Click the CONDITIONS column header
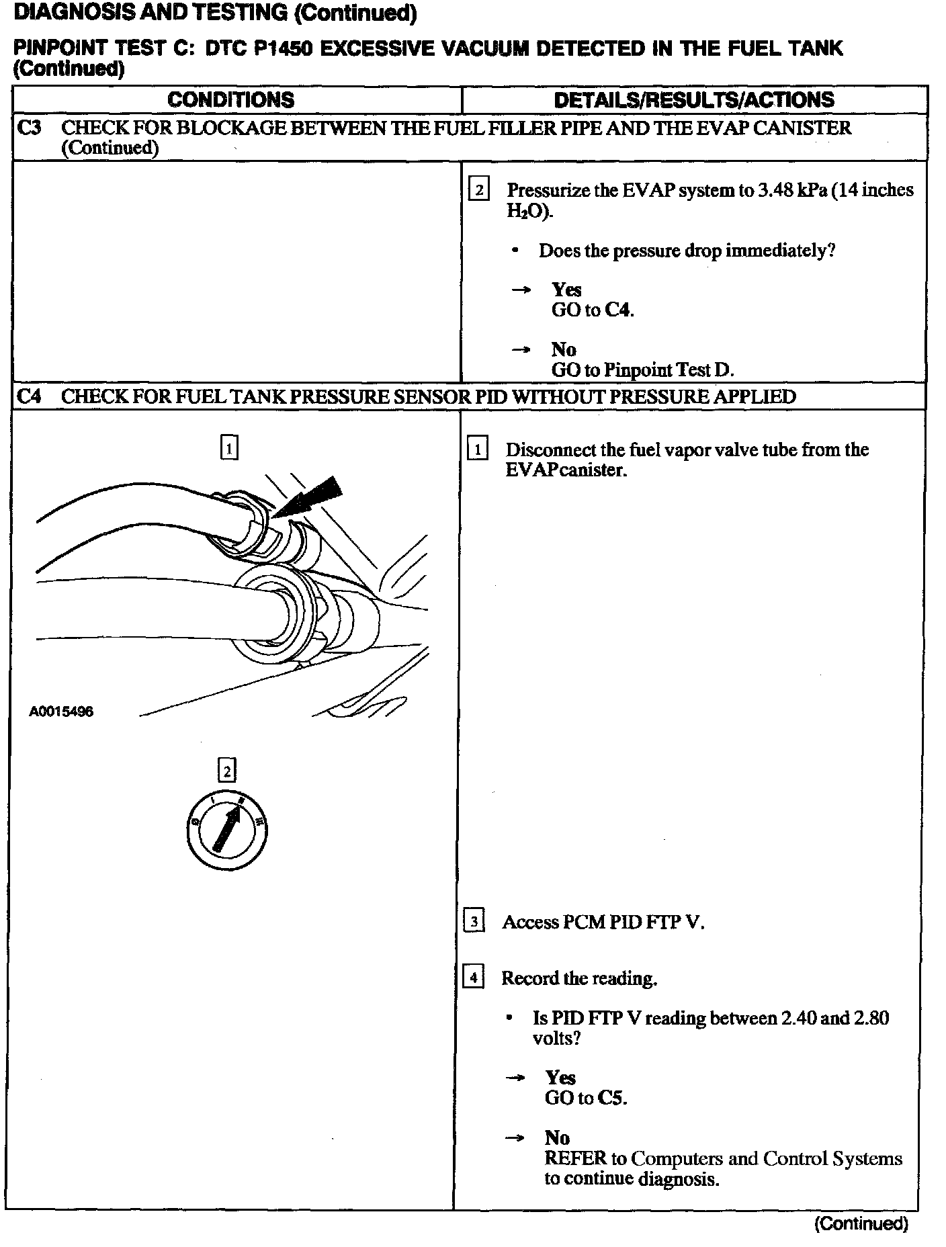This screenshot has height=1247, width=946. coord(230,100)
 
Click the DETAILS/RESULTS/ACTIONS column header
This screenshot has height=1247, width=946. coord(693,100)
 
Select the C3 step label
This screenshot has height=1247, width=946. coord(29,128)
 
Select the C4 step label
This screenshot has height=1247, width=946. coord(29,396)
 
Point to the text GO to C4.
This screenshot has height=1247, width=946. coord(592,310)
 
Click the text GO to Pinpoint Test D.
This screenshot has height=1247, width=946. coord(642,370)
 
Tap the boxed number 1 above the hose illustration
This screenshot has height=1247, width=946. coord(229,447)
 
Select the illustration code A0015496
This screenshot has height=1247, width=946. coord(61,712)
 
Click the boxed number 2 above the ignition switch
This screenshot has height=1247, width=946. coord(227,771)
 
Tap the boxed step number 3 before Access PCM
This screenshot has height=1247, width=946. coord(474,921)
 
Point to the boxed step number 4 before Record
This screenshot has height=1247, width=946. coord(473,978)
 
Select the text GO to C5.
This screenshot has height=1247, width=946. coord(585,1098)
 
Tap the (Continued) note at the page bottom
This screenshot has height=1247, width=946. coord(861,1223)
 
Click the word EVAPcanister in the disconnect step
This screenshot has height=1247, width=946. coord(566,470)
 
